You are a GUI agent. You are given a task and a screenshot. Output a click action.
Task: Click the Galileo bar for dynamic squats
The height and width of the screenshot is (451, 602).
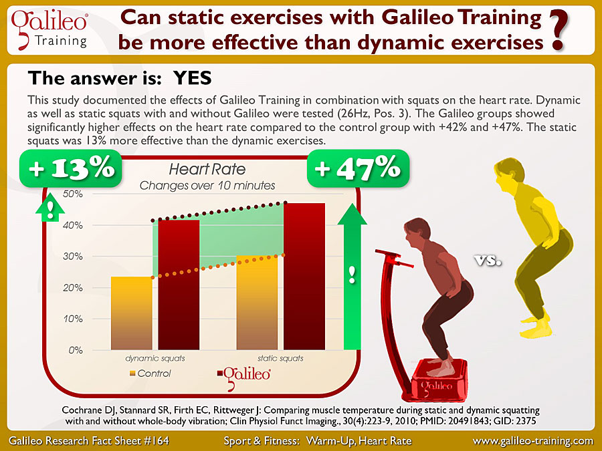pyautogui.click(x=179, y=285)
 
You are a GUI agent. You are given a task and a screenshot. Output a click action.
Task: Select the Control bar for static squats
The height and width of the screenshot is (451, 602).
pyautogui.click(x=258, y=303)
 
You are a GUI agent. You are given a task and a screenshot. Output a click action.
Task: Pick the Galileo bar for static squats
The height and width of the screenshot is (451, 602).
pyautogui.click(x=304, y=276)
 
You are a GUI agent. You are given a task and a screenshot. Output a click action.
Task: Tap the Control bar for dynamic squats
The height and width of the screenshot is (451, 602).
pyautogui.click(x=132, y=313)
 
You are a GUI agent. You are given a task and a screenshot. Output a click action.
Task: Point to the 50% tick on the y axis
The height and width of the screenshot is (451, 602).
pyautogui.click(x=72, y=194)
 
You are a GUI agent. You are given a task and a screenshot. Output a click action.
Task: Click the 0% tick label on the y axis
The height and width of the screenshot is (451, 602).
pyautogui.click(x=76, y=350)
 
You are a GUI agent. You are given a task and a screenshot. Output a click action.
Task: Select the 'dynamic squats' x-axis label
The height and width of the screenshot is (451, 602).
pyautogui.click(x=155, y=358)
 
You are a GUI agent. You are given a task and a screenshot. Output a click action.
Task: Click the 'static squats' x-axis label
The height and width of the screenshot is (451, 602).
pyautogui.click(x=280, y=358)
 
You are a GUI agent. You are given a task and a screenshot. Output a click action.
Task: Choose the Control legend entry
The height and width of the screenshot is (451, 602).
pyautogui.click(x=150, y=373)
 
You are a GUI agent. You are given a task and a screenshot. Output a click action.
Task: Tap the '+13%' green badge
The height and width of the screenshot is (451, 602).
pyautogui.click(x=71, y=168)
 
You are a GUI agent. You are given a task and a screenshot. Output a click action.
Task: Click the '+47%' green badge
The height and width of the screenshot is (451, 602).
pyautogui.click(x=359, y=168)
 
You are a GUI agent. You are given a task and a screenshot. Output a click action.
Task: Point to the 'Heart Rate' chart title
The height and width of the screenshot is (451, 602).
pyautogui.click(x=207, y=169)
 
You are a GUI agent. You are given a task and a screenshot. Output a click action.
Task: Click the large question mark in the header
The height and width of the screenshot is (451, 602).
pyautogui.click(x=559, y=30)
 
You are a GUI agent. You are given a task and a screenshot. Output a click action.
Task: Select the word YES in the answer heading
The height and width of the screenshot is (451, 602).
pyautogui.click(x=193, y=78)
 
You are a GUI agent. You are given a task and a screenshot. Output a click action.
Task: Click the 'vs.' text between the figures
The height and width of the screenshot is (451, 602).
pyautogui.click(x=488, y=261)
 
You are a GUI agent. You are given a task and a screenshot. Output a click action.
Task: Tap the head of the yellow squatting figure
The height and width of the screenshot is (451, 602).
pyautogui.click(x=508, y=175)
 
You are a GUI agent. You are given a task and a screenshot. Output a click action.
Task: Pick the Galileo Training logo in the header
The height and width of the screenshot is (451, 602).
pyautogui.click(x=49, y=30)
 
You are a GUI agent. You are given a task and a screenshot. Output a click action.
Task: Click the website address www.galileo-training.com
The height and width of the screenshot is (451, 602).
pyautogui.click(x=533, y=441)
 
